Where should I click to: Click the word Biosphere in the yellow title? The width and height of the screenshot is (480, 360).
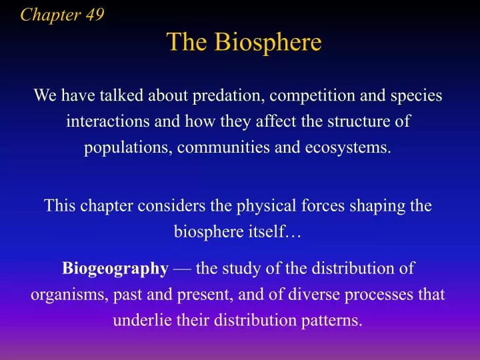pos(269,43)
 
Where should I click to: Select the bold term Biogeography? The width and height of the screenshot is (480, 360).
pos(115,269)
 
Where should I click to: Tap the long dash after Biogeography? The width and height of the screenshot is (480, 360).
pos(182,269)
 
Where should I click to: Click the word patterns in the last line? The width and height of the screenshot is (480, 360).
pos(333,320)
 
